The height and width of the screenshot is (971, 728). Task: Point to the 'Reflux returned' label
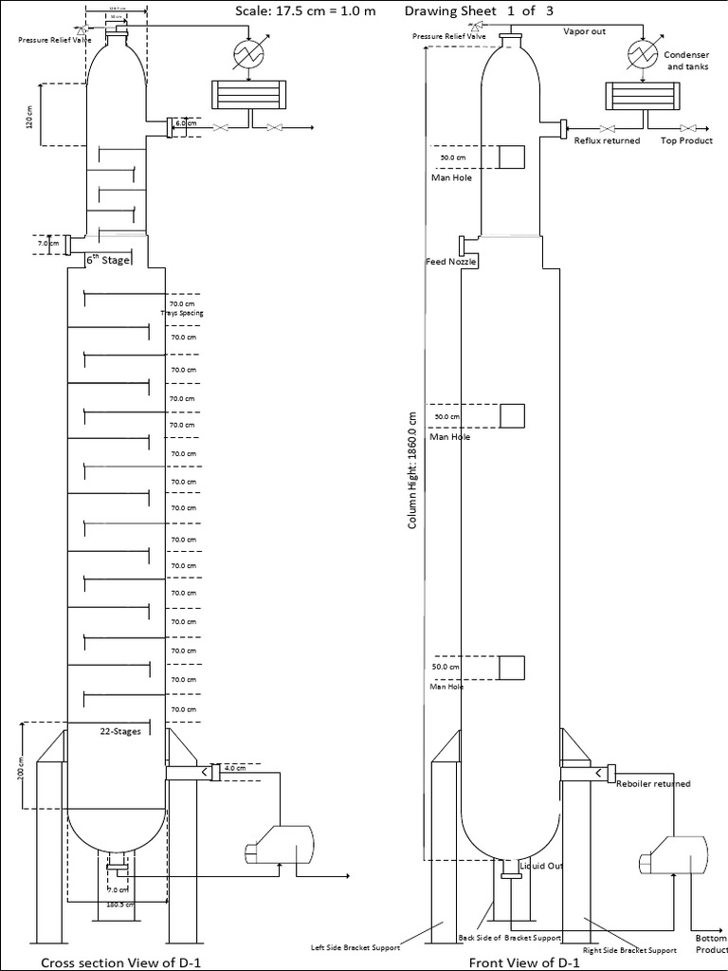(607, 140)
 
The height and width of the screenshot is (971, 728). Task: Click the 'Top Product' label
(686, 140)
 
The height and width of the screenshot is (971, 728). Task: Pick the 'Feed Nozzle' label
(451, 261)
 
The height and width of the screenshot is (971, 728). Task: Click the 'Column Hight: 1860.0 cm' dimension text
(412, 469)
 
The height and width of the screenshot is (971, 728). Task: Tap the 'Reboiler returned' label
(653, 783)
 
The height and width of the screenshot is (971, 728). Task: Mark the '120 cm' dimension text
(29, 116)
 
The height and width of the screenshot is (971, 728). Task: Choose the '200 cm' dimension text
(21, 770)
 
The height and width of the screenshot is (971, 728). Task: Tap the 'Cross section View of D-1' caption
(119, 962)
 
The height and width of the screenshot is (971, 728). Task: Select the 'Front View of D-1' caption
(524, 962)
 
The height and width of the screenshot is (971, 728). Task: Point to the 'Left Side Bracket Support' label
(356, 946)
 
